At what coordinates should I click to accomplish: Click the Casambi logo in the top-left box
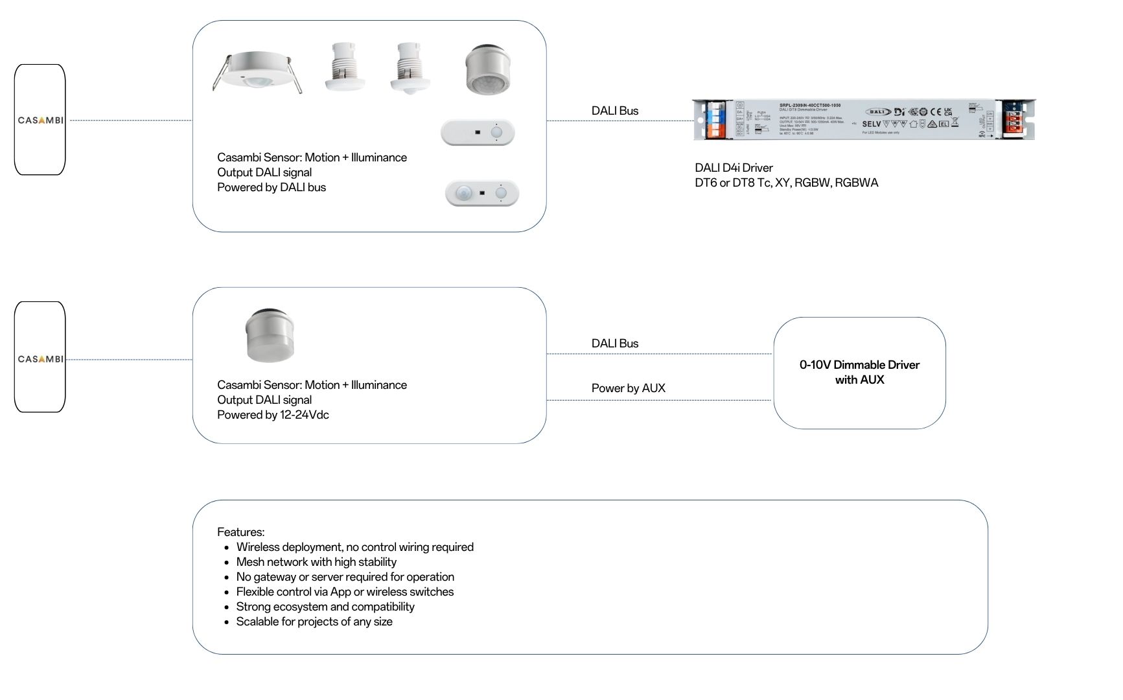pyautogui.click(x=40, y=120)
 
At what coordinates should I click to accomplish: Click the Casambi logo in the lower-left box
pyautogui.click(x=40, y=358)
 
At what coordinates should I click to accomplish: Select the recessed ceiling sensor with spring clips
pyautogui.click(x=257, y=72)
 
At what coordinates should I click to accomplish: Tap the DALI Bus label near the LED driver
pyautogui.click(x=614, y=111)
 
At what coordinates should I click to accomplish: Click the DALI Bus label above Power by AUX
pyautogui.click(x=614, y=344)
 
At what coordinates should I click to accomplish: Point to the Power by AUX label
pyautogui.click(x=628, y=388)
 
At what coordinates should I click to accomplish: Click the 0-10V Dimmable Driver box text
pyautogui.click(x=859, y=372)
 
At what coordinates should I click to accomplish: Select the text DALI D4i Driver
pyautogui.click(x=734, y=168)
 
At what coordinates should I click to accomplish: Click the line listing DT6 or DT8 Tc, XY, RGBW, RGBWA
pyautogui.click(x=786, y=183)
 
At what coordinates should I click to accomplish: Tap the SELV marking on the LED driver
pyautogui.click(x=871, y=124)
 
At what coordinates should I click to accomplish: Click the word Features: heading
pyautogui.click(x=240, y=532)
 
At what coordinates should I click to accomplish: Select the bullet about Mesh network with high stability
pyautogui.click(x=316, y=562)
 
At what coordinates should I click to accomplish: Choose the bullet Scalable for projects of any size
pyautogui.click(x=314, y=622)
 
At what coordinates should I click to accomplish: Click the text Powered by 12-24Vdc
pyautogui.click(x=273, y=415)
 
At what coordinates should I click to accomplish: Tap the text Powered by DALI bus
pyautogui.click(x=271, y=187)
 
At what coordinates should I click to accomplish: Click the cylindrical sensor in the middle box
pyautogui.click(x=270, y=334)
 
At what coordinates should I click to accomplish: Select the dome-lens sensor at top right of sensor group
pyautogui.click(x=488, y=69)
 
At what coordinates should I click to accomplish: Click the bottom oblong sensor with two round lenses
pyautogui.click(x=482, y=193)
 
